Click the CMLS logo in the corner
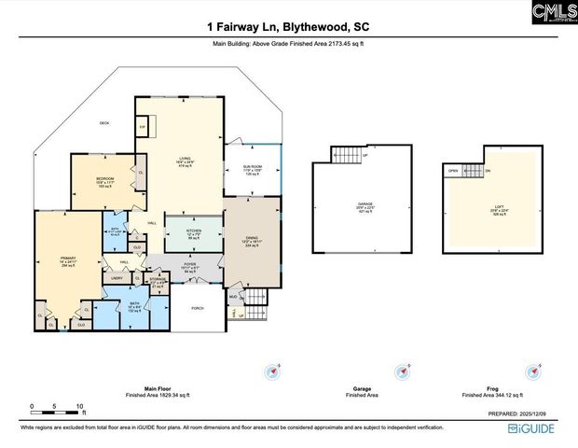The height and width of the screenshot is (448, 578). [x=552, y=13]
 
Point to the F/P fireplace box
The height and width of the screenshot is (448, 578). [x=144, y=126]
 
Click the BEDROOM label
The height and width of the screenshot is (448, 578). [x=104, y=178]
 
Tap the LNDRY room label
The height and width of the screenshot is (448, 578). [x=117, y=278]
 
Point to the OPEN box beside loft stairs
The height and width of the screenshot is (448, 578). [x=453, y=171]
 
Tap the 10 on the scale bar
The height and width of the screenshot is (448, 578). [x=81, y=407]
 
